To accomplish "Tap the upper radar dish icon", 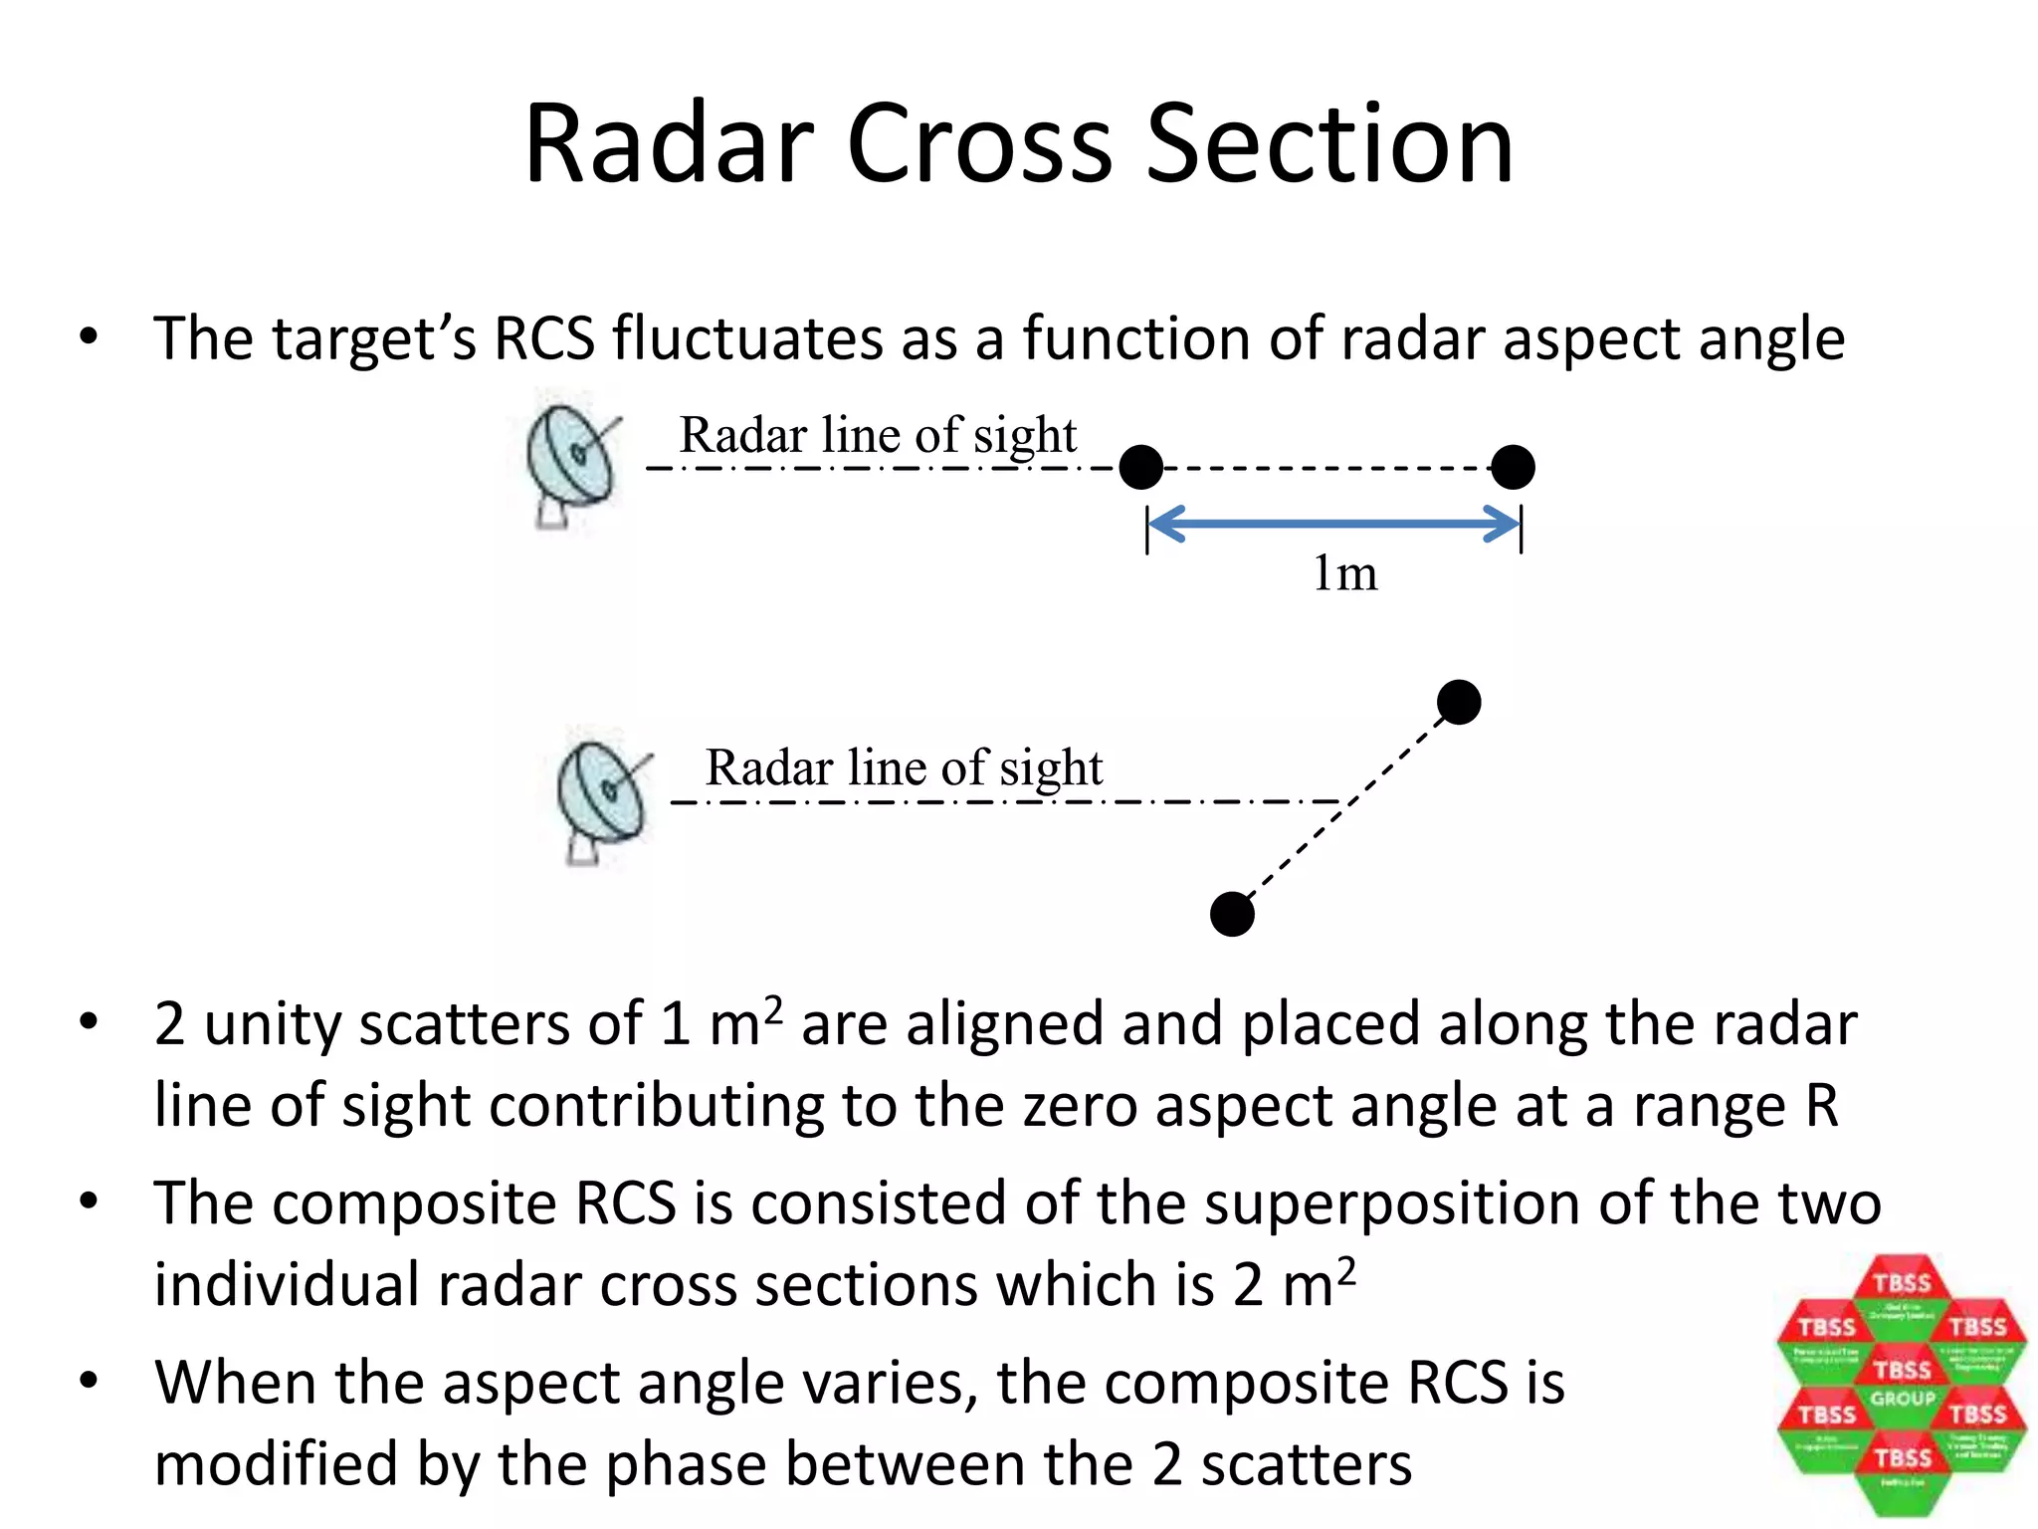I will [x=571, y=463].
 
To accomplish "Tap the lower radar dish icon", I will [x=602, y=797].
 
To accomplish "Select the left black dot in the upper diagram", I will [x=1140, y=467].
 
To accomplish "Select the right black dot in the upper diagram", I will [x=1513, y=467].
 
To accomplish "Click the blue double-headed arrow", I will [x=1333, y=524].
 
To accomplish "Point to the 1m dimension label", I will [x=1344, y=573].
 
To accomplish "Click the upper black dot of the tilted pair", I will [x=1459, y=703].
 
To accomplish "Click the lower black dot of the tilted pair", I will [x=1232, y=914].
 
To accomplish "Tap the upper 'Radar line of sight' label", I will [x=878, y=435].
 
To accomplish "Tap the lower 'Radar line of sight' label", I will [x=904, y=767].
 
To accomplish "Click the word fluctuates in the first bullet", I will [x=746, y=339].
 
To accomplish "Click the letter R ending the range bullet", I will [x=1821, y=1106].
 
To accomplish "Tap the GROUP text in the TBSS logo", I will [x=1902, y=1399].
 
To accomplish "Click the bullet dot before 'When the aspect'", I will [x=90, y=1381].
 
